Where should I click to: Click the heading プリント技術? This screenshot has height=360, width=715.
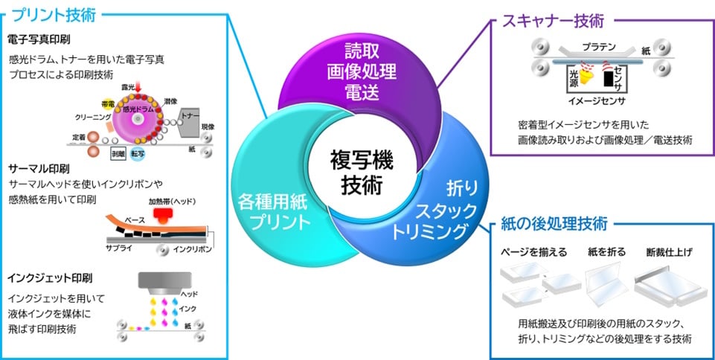55,14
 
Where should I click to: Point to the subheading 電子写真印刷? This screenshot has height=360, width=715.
39,39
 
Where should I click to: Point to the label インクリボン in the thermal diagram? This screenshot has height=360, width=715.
192,248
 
